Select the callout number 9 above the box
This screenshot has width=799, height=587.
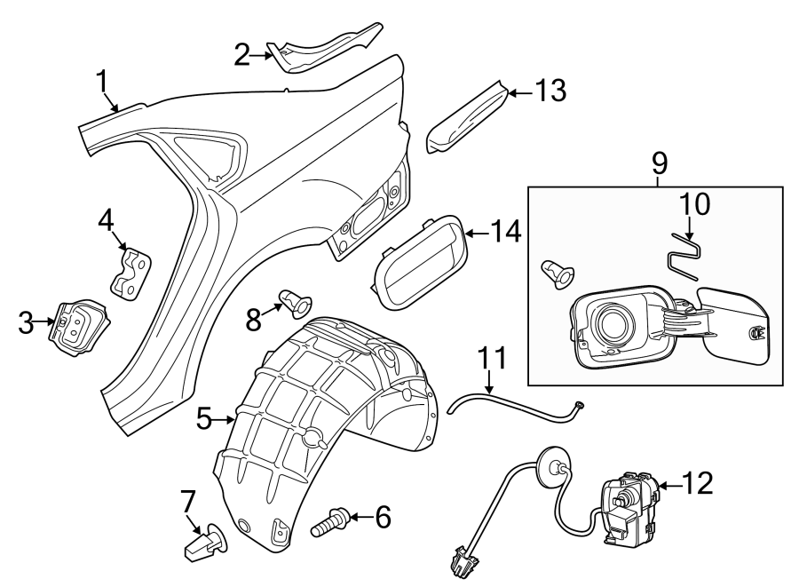pyautogui.click(x=658, y=164)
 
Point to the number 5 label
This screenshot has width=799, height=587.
pyautogui.click(x=203, y=417)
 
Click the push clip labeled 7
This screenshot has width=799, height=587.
pyautogui.click(x=202, y=543)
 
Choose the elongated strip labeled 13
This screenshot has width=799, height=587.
pyautogui.click(x=465, y=115)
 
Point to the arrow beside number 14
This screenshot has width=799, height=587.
pyautogui.click(x=477, y=233)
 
